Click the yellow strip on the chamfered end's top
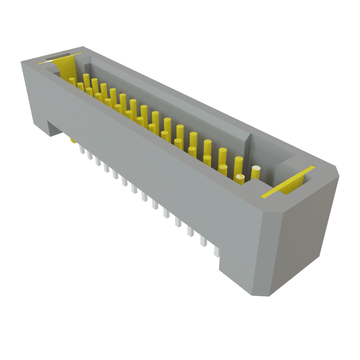coord(287,181)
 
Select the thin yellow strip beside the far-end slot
coord(60,58)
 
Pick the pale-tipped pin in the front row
coord(240,179)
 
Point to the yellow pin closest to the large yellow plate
coord(72,82)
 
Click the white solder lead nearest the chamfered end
coord(216,250)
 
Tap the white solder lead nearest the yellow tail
coord(82,149)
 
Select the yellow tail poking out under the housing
coord(73,141)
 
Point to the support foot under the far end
coord(53,128)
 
